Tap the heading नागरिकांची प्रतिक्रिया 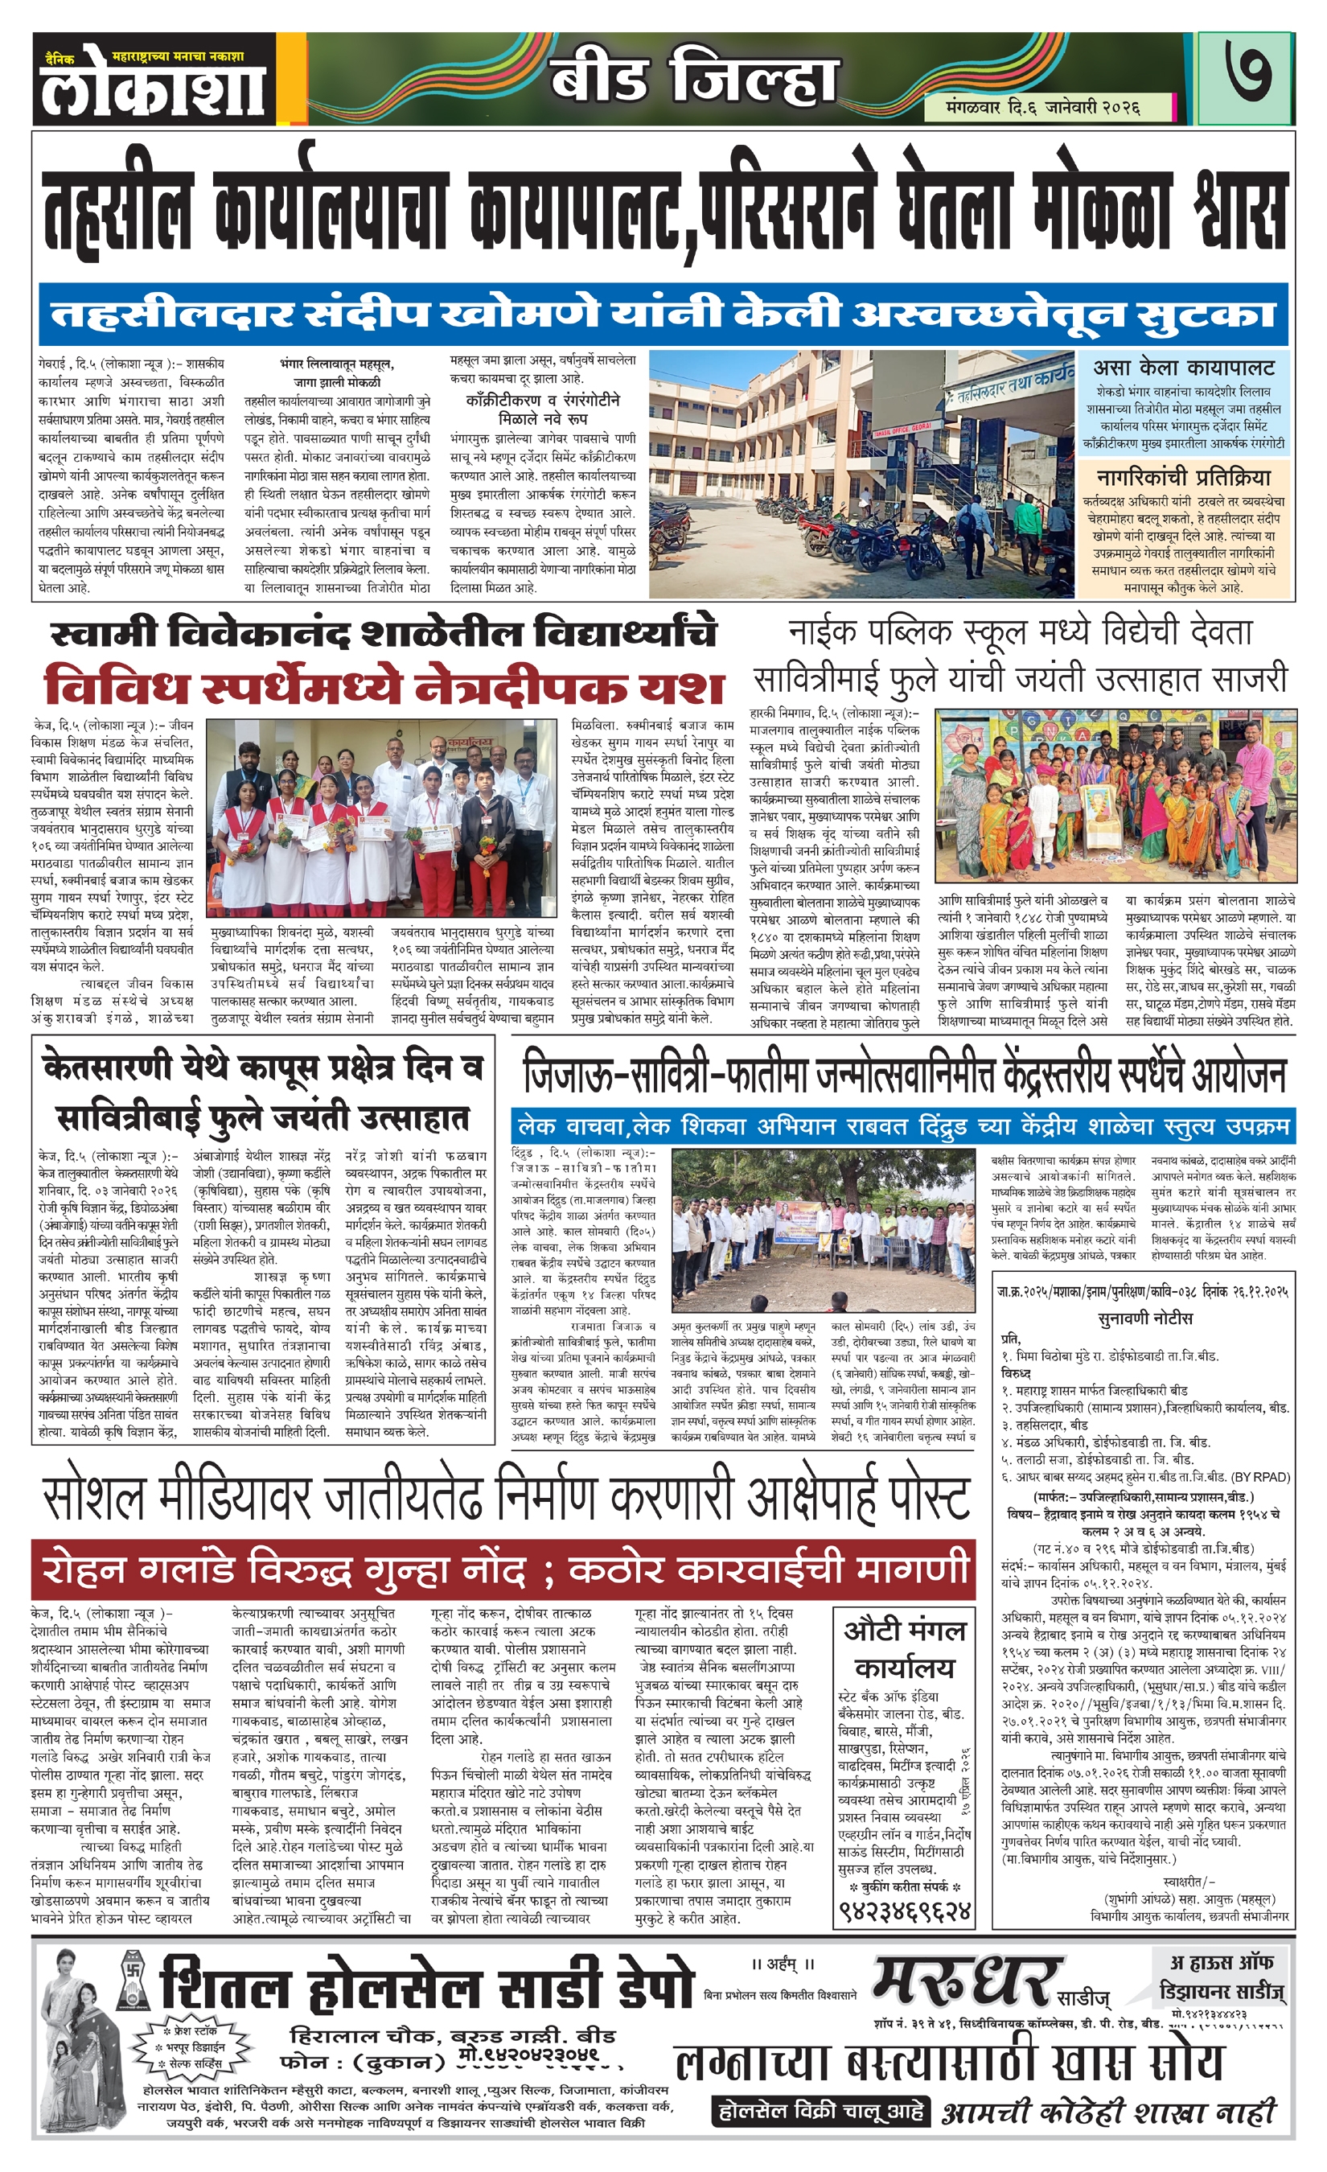point(1183,478)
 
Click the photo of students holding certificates point(382,817)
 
